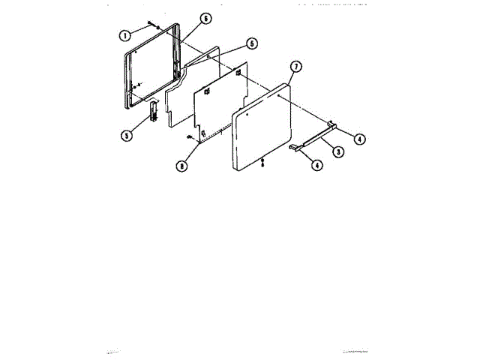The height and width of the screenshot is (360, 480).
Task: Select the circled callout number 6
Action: pos(206,18)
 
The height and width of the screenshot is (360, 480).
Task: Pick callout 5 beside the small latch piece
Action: pos(126,135)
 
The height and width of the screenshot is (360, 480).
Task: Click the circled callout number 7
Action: pos(295,67)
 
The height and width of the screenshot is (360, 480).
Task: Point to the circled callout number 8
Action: pos(181,166)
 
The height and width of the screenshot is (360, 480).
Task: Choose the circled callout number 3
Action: pos(338,152)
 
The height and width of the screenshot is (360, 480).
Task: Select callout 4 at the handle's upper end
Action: pos(359,138)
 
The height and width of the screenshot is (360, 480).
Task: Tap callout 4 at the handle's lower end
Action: pos(317,165)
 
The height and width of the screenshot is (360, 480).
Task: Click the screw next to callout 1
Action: pos(150,25)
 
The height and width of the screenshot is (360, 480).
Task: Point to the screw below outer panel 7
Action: pos(262,162)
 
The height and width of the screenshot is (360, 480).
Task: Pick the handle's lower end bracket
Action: pos(294,148)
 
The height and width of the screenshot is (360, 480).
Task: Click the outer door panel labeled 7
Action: pos(262,127)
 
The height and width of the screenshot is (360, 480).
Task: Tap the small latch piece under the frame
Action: pos(154,111)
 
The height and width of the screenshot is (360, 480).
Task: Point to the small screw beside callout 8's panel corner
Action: pos(189,136)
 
